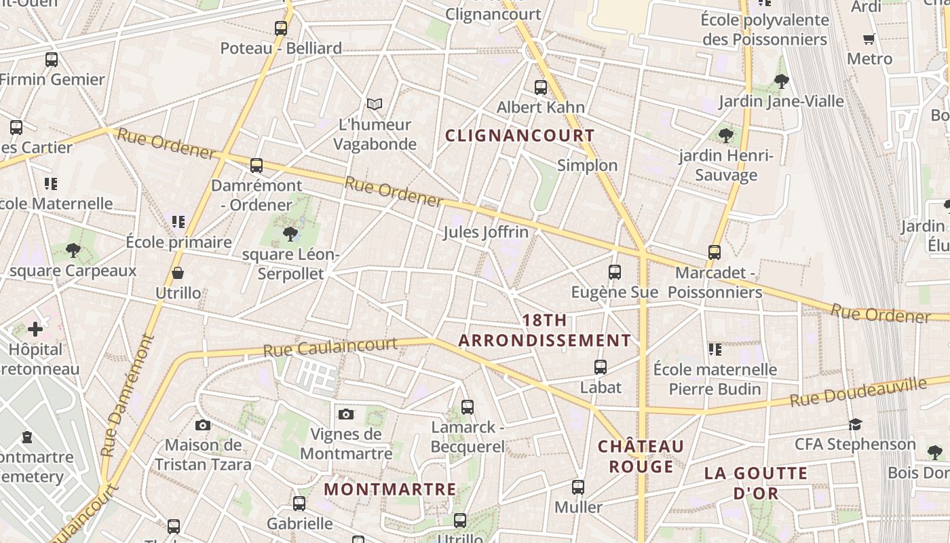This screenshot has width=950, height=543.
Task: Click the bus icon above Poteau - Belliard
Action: pyautogui.click(x=281, y=29)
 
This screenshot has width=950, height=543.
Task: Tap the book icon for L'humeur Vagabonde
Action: pyautogui.click(x=375, y=104)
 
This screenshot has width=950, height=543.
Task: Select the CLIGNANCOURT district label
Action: pyautogui.click(x=520, y=135)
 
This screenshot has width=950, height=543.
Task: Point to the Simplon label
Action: pyautogui.click(x=587, y=165)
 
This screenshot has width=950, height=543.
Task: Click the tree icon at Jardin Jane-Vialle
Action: pyautogui.click(x=781, y=81)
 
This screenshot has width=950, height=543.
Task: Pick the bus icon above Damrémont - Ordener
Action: pyautogui.click(x=256, y=166)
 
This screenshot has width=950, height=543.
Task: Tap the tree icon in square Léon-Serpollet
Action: pyautogui.click(x=290, y=234)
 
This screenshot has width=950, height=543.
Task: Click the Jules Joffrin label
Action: pyautogui.click(x=485, y=232)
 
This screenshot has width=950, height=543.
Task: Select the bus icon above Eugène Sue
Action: pyautogui.click(x=615, y=272)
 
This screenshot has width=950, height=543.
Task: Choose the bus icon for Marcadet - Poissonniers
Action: pyautogui.click(x=715, y=252)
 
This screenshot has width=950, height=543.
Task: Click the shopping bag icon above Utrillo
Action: pyautogui.click(x=178, y=273)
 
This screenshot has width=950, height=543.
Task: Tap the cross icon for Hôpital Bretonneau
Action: pyautogui.click(x=35, y=330)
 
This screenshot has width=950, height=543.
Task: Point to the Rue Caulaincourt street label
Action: pyautogui.click(x=330, y=348)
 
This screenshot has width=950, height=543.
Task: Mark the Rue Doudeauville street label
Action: pyautogui.click(x=858, y=392)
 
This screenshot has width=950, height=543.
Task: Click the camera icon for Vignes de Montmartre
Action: pyautogui.click(x=346, y=414)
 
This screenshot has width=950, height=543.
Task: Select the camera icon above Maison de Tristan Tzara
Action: pyautogui.click(x=203, y=426)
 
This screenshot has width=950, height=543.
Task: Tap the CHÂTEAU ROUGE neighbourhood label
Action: pyautogui.click(x=641, y=456)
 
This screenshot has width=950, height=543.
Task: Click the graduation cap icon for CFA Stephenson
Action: pyautogui.click(x=855, y=424)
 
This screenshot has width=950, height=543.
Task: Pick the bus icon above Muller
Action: pyautogui.click(x=578, y=487)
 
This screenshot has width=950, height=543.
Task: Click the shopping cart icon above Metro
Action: pyautogui.click(x=869, y=39)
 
